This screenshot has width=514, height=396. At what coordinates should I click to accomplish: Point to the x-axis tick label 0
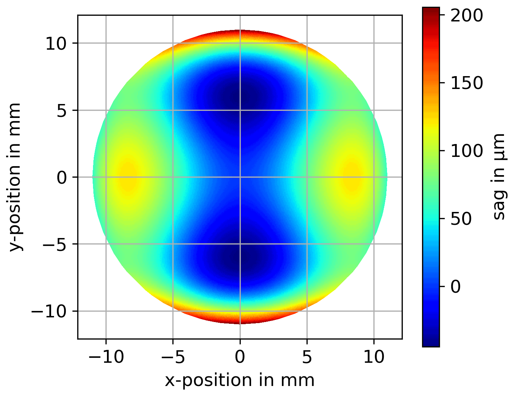240,357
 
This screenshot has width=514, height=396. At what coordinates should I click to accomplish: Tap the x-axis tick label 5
307,357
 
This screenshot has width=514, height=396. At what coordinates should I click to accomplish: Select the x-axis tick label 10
374,357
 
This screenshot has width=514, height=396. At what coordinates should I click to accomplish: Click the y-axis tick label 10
56,44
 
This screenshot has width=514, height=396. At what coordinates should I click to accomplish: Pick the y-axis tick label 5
63,110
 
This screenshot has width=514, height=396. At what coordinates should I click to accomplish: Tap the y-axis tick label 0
63,177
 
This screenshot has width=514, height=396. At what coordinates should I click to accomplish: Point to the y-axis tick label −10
50,311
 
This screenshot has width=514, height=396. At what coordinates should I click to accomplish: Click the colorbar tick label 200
466,16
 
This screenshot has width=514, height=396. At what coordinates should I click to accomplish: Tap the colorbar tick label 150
466,83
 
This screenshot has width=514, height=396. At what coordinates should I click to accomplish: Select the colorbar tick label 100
466,151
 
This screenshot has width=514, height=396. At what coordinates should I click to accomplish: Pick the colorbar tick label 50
461,219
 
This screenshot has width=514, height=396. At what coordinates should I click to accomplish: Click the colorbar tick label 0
456,286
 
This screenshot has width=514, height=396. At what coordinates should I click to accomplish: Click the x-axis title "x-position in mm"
240,380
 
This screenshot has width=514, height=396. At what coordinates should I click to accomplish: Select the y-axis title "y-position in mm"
15,177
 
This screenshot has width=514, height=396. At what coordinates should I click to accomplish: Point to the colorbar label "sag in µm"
498,177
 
